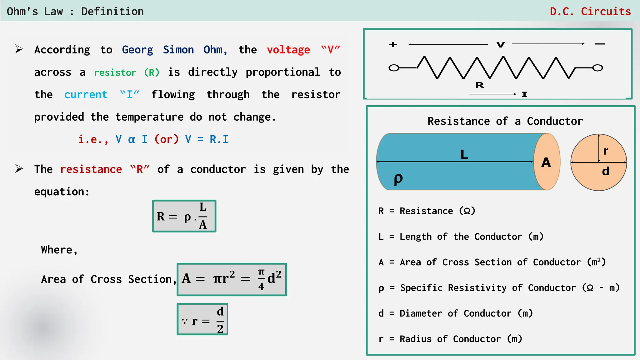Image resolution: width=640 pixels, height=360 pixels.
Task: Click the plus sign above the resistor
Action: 393,44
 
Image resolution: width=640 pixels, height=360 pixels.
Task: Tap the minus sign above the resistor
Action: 600,44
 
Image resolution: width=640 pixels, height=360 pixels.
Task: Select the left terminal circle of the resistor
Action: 394,68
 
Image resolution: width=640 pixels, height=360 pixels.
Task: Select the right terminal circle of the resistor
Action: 597,68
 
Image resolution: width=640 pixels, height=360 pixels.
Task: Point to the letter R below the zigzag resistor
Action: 480,85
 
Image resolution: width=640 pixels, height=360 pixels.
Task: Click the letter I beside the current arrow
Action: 524,94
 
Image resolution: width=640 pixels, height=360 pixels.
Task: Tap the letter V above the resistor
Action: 501,45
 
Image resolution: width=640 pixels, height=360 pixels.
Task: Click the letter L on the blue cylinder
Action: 464,154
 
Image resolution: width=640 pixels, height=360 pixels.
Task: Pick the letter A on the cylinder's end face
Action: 546,162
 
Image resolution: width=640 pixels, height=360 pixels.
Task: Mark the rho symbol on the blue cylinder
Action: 398,179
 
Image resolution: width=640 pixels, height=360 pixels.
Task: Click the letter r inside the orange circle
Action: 606,151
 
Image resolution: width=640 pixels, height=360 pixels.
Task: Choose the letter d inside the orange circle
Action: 606,171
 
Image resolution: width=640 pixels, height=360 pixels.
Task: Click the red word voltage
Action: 288,50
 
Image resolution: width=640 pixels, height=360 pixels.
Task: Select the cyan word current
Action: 86,95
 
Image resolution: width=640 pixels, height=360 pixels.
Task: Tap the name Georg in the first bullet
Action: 137,50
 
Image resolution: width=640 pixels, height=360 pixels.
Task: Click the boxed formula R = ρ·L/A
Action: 184,216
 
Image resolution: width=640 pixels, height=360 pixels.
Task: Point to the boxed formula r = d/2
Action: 202,319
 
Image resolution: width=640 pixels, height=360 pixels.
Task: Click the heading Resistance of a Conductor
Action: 505,121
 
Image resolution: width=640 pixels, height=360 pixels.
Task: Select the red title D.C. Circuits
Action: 590,12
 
